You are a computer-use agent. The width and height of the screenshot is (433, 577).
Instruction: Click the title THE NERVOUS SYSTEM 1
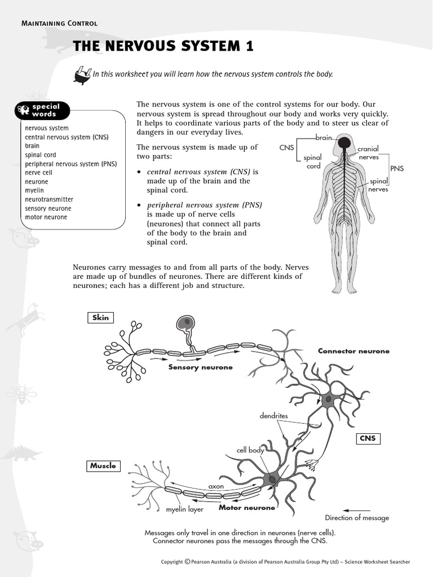click(x=163, y=46)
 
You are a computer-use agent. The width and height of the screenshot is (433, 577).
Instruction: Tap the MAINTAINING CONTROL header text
click(x=59, y=23)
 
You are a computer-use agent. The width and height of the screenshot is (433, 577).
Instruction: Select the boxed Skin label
click(x=100, y=318)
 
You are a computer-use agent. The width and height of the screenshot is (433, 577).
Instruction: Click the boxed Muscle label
click(x=103, y=465)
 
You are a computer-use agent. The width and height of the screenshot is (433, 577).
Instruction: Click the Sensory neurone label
click(x=200, y=367)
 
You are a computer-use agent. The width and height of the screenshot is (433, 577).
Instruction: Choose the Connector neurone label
click(x=354, y=351)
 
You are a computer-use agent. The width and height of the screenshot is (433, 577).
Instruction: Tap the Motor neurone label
click(x=247, y=508)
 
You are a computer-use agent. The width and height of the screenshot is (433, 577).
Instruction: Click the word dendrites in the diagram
click(x=273, y=416)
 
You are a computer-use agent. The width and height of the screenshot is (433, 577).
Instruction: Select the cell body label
click(x=250, y=451)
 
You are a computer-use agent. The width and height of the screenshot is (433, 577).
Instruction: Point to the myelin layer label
click(x=184, y=510)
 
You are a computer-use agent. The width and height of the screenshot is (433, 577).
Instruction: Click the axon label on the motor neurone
click(x=216, y=486)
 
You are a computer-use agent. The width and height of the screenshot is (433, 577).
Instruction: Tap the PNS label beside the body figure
click(x=396, y=168)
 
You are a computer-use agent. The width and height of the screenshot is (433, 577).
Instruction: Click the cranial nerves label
click(x=369, y=153)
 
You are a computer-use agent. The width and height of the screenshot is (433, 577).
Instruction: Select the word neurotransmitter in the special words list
click(x=49, y=199)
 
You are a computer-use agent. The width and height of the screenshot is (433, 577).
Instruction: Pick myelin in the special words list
click(x=34, y=190)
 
